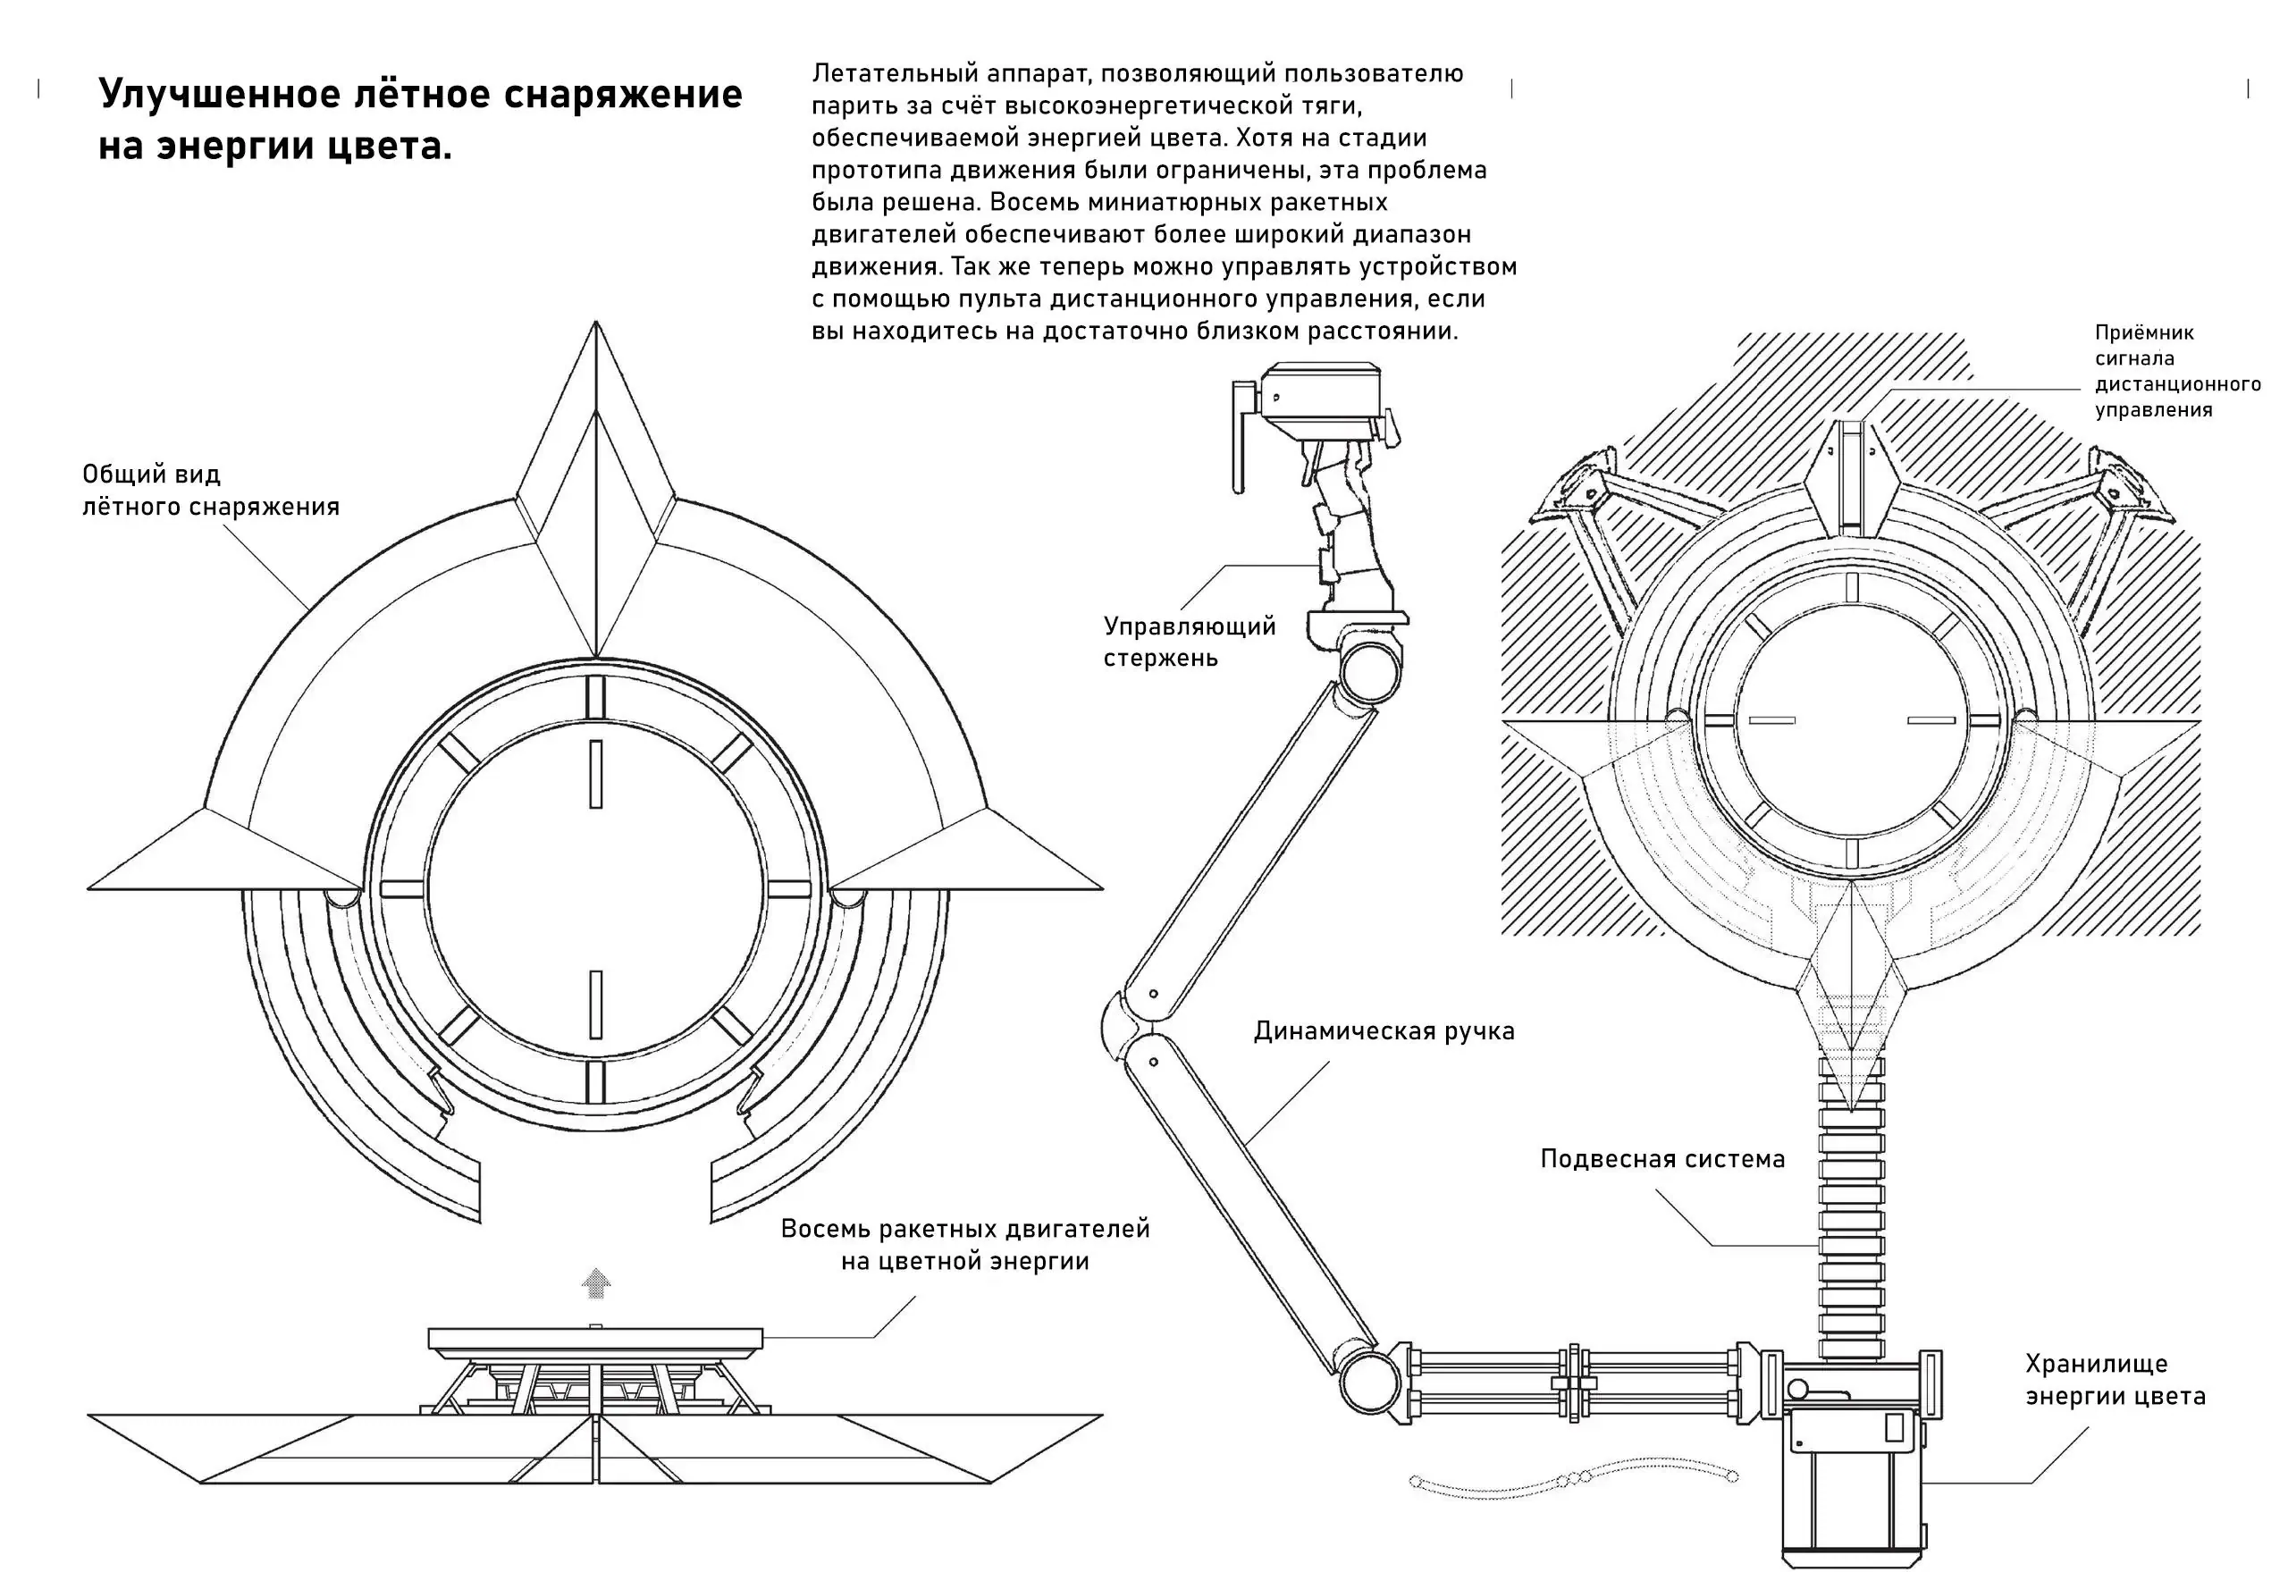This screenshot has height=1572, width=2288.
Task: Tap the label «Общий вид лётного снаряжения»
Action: click(x=210, y=490)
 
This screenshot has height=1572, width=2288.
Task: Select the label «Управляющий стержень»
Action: click(x=1189, y=641)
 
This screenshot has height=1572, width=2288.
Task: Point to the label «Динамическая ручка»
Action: click(x=1383, y=1031)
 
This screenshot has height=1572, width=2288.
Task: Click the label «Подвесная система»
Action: click(x=1661, y=1158)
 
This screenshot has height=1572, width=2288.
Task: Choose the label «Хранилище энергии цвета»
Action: click(x=2115, y=1379)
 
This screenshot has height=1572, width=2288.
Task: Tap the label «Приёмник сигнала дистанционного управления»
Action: click(x=2175, y=372)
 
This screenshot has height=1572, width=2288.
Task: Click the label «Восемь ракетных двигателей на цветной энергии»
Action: click(x=964, y=1244)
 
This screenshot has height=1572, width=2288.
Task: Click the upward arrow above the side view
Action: click(x=596, y=1282)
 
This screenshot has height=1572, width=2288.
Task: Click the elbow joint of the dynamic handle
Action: click(x=1123, y=1030)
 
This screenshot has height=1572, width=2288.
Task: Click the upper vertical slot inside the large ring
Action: click(x=595, y=774)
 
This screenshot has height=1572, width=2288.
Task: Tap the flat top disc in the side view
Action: click(x=595, y=1339)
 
